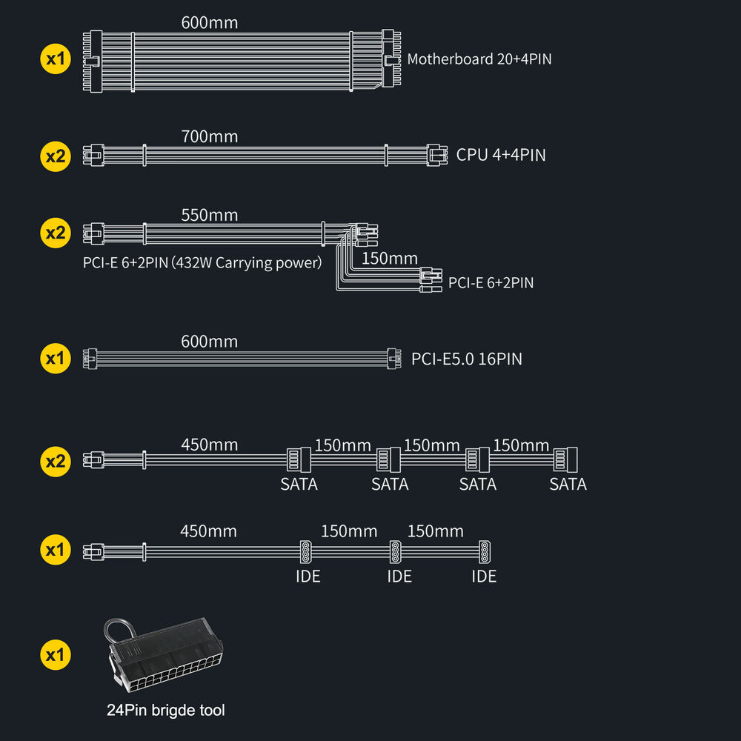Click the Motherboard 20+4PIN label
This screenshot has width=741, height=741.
[x=479, y=59]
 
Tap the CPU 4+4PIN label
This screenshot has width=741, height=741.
[x=501, y=156]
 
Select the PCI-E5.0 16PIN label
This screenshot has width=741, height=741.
[x=467, y=359]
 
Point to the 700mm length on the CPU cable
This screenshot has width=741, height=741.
[x=210, y=136]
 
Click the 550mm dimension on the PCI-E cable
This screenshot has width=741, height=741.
[x=210, y=216]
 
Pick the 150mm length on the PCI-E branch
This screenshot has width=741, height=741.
[x=390, y=259]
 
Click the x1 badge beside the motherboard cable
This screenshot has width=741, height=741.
[x=55, y=59]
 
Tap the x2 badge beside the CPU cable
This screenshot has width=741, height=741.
[x=55, y=156]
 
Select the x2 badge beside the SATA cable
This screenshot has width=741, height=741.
[x=55, y=462]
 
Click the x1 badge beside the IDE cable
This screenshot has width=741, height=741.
[x=55, y=550]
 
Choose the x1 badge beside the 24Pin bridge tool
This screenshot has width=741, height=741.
[x=55, y=655]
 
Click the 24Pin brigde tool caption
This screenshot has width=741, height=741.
[x=166, y=711]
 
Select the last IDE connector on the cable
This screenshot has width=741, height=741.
[x=485, y=551]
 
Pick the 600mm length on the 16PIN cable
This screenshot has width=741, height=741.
[x=210, y=342]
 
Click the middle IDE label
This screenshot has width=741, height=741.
[x=399, y=576]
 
